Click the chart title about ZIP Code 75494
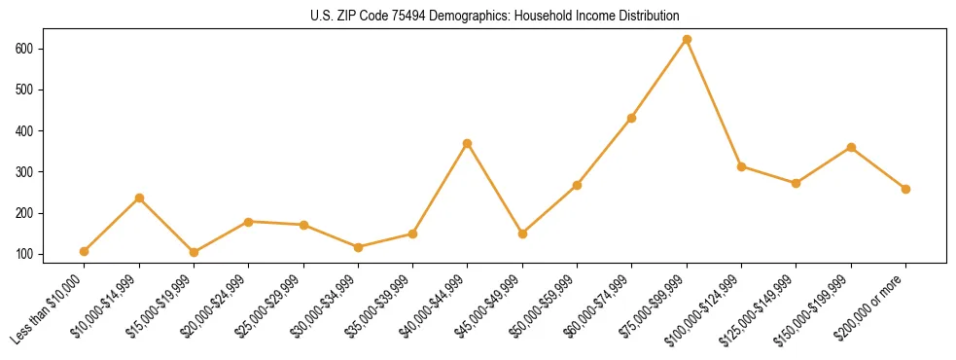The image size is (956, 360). point(478,16)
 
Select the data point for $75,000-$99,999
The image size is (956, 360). point(687,40)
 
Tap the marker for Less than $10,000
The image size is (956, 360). point(85,251)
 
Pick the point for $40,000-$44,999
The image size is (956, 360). point(468,143)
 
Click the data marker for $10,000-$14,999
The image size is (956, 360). point(139,198)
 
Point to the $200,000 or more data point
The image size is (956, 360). point(905,189)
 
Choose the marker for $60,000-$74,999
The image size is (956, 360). point(632,118)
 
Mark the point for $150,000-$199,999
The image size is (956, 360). point(851,147)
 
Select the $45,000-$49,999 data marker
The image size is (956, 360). point(522,234)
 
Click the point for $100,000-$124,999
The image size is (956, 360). point(741,166)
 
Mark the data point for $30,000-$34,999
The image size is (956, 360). point(358,247)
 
